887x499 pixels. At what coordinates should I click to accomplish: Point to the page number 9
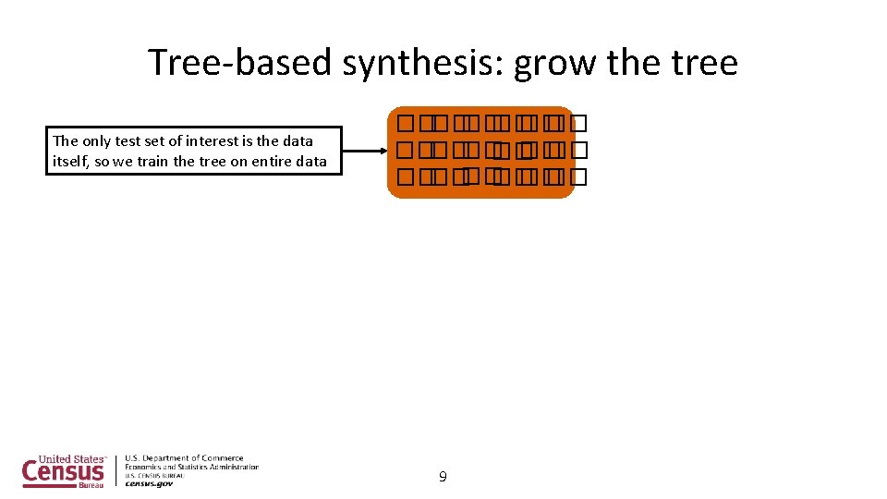[x=443, y=477]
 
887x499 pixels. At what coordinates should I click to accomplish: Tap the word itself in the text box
[x=70, y=161]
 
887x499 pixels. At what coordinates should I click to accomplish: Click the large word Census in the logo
[x=64, y=472]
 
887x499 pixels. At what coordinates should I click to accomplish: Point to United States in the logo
[x=70, y=458]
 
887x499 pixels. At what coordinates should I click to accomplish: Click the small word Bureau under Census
[x=91, y=485]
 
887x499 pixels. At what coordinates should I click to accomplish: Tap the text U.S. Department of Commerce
[x=185, y=457]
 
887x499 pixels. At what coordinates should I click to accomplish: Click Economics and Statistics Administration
[x=191, y=467]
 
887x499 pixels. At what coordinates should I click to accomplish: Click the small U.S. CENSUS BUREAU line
[x=154, y=475]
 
